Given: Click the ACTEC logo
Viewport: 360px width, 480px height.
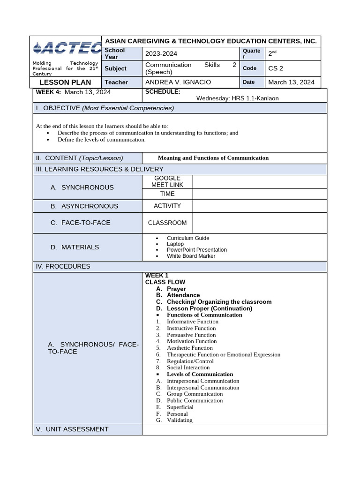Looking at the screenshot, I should (67, 48).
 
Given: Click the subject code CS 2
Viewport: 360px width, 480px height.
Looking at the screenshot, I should (276, 68).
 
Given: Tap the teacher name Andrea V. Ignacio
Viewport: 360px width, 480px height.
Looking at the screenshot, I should (178, 82).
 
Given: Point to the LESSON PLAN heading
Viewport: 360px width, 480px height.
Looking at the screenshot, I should (65, 82).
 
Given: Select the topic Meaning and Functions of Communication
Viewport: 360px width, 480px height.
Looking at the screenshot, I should (213, 158).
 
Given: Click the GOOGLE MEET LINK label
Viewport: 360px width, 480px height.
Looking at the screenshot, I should (167, 181).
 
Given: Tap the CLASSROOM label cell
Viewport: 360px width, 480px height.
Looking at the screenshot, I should (167, 223).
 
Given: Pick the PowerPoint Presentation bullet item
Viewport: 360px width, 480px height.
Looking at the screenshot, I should (196, 250).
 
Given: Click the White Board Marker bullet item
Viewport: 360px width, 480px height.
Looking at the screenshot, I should (191, 256).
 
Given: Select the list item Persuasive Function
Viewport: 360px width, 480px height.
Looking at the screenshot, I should (191, 335).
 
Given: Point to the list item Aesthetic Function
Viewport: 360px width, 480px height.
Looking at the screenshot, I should (189, 348).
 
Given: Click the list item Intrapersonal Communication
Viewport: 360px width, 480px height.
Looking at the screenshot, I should (203, 381).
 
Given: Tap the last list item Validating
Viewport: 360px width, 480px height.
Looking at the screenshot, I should (180, 420).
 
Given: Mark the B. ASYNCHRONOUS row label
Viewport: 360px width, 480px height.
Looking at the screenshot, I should (84, 206).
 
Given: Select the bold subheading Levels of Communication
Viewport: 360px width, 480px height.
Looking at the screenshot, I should (200, 374).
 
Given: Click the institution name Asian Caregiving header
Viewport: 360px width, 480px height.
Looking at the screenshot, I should (210, 41).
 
